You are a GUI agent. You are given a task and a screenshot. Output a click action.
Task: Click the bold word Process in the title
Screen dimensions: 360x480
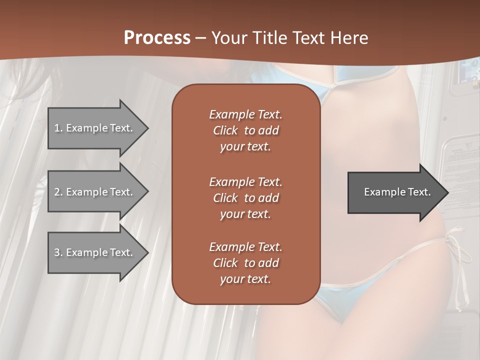tap(157, 38)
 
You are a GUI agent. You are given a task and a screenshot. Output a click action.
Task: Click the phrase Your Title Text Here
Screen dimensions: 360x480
tap(290, 38)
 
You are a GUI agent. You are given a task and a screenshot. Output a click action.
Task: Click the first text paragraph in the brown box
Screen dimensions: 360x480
tap(245, 130)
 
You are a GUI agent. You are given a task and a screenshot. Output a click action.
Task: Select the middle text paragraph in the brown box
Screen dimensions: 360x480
tap(245, 197)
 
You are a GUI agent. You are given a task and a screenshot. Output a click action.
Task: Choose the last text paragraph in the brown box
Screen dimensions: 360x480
tap(245, 263)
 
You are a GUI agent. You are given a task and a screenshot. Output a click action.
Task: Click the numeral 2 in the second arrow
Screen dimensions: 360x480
tap(57, 192)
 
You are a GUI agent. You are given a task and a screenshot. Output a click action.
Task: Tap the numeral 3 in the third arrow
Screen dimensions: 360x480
tap(57, 252)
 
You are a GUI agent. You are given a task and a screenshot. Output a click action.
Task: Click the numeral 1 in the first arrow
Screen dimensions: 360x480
tap(56, 128)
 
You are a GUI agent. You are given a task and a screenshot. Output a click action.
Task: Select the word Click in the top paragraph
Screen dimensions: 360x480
tap(225, 130)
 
